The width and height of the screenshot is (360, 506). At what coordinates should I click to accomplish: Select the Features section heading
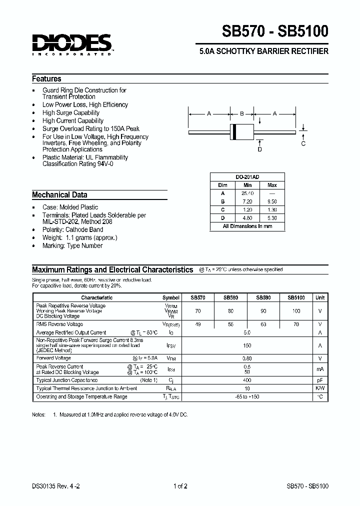(x=46, y=79)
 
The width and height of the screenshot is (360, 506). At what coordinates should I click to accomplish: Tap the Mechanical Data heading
(x=59, y=195)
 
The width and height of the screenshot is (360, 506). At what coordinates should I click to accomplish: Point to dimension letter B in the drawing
(x=241, y=114)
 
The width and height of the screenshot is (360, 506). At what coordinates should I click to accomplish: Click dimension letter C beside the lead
(x=303, y=144)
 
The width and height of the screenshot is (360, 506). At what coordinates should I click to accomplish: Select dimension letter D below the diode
(x=259, y=149)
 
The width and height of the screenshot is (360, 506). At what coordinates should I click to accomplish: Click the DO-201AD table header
(x=247, y=177)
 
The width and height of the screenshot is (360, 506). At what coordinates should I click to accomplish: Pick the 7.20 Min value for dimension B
(x=247, y=201)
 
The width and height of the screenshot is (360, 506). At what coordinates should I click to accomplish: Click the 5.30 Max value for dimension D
(x=272, y=218)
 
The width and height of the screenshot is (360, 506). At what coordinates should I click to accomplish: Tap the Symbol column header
(x=171, y=297)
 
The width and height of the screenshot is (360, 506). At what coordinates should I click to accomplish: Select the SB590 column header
(x=263, y=297)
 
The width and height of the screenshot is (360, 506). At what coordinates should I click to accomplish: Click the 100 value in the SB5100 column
(x=296, y=311)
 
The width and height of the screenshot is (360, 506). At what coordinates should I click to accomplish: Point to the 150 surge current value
(x=246, y=345)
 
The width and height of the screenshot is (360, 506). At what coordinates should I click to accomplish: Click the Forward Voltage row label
(x=53, y=358)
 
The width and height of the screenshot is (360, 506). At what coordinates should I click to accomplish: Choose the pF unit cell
(x=319, y=380)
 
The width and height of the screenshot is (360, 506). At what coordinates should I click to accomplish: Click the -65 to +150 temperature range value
(x=246, y=396)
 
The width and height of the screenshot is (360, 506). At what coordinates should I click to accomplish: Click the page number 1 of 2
(x=180, y=486)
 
